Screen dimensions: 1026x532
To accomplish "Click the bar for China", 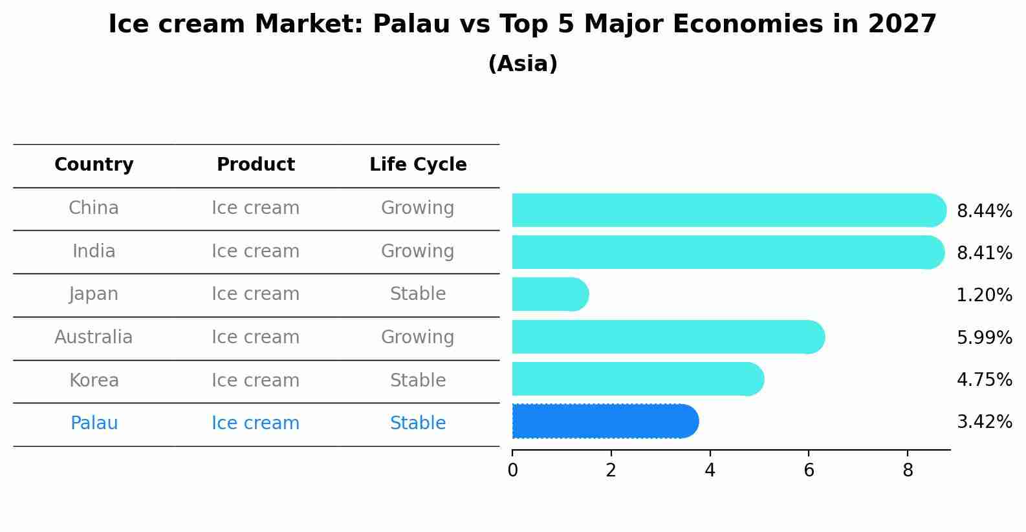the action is click(729, 210).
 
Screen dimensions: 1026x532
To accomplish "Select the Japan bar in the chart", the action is click(551, 294).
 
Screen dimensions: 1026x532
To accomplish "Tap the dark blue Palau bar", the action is click(606, 421).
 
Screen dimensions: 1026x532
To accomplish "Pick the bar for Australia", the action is click(669, 337).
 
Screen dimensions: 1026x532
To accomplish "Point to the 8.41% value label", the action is click(985, 253).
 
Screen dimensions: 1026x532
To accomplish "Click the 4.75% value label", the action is click(985, 379).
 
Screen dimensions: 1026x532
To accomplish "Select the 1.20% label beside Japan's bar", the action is click(985, 295).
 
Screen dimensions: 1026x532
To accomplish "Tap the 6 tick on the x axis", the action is click(809, 470).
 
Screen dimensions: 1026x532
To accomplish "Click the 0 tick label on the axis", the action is click(512, 470).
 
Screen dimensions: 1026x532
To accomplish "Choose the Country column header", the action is click(94, 164).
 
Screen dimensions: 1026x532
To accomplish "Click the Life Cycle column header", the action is click(418, 164).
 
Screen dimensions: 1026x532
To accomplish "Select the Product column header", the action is click(256, 164).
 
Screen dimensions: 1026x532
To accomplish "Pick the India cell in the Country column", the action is click(94, 251).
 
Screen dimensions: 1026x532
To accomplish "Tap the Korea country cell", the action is click(94, 380).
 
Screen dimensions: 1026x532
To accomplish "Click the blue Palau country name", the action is click(94, 423).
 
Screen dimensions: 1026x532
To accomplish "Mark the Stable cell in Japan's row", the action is click(418, 294).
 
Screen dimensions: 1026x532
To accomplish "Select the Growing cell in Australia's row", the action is click(418, 337).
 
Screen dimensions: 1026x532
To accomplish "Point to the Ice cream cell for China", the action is click(256, 208).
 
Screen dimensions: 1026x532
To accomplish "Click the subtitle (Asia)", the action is click(523, 63).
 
